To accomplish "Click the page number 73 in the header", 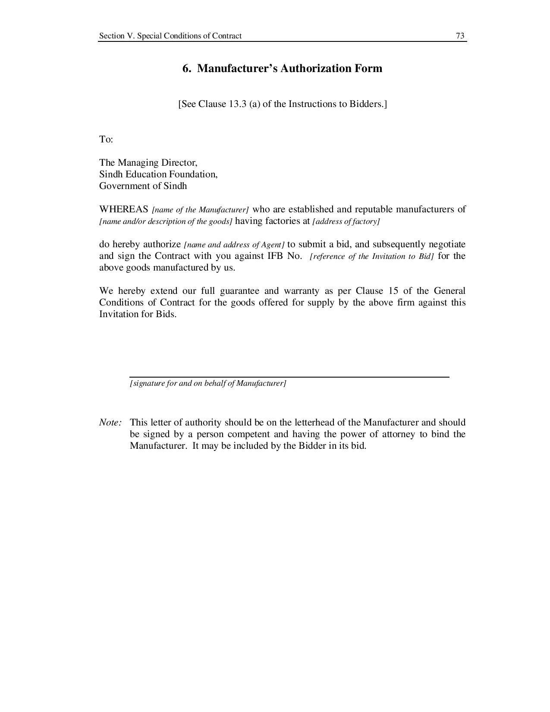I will click(x=460, y=36).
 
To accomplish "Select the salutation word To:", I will click(x=106, y=139).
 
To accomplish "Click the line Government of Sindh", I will click(x=143, y=186).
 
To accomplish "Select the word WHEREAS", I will click(x=124, y=209).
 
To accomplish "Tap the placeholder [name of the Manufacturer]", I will click(x=201, y=210).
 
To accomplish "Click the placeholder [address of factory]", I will click(x=346, y=222).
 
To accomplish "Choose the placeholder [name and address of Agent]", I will click(x=234, y=245).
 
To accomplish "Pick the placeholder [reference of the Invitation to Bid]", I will click(x=372, y=256).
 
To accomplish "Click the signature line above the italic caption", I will click(x=289, y=377).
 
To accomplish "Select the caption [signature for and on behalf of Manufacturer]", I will click(x=208, y=383).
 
